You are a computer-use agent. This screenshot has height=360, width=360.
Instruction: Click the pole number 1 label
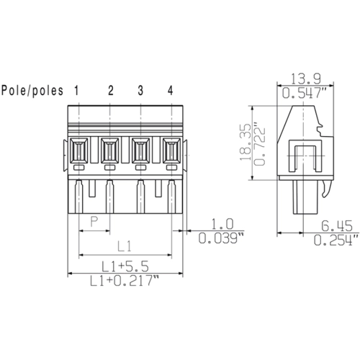click(76, 90)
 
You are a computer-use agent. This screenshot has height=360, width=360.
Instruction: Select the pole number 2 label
click(111, 90)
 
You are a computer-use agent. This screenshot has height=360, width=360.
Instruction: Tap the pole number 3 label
click(140, 90)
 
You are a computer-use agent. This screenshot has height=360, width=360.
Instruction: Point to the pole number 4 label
click(171, 90)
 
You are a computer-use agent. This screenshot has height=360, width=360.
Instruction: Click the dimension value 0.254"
click(336, 240)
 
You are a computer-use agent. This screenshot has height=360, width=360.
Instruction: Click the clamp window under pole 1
click(79, 151)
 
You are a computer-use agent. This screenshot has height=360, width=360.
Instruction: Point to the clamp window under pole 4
click(171, 151)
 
